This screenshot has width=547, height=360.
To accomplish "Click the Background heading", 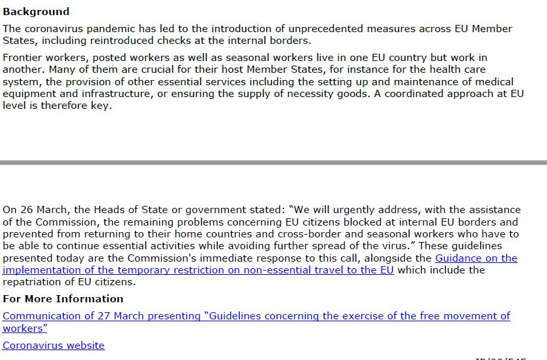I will (x=36, y=12).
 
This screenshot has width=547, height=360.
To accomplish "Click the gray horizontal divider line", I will (x=273, y=162).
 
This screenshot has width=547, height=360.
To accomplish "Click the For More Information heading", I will (x=63, y=299).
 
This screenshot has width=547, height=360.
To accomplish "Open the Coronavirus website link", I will (x=53, y=346).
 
